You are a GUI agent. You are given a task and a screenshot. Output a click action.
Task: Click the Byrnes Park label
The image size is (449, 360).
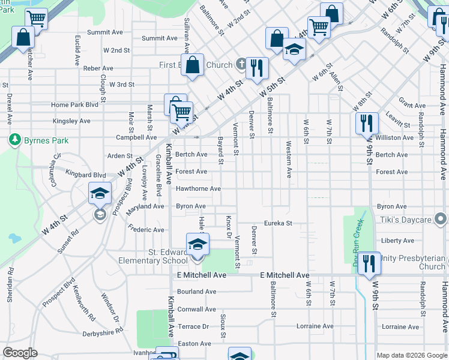pos(46,140)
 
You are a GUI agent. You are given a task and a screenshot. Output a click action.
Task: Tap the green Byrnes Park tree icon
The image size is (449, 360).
pos(14,140)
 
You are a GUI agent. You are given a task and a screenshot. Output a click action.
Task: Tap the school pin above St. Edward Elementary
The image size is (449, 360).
pos(196,245)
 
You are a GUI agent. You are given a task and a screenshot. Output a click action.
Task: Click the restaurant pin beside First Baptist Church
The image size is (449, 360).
pos(257,68)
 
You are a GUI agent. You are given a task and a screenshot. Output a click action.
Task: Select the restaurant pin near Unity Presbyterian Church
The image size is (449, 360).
pos(369,263)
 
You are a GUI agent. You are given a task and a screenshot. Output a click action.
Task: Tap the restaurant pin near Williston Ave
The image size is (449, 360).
pos(366,124)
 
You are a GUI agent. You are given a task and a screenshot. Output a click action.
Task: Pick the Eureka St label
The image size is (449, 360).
pos(278,223)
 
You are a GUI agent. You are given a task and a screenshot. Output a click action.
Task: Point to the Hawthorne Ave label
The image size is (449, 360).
pos(198,189)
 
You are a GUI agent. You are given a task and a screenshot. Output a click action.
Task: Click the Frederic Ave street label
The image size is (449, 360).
pos(146,230)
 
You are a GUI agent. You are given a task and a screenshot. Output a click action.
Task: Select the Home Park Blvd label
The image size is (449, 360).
pos(74,104)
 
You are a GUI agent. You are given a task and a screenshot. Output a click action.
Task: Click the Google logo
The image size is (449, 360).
pos(20,353)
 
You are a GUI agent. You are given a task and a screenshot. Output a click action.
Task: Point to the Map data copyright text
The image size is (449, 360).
pos(411,355)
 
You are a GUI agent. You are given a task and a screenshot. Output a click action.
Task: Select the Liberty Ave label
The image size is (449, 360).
pos(397,241)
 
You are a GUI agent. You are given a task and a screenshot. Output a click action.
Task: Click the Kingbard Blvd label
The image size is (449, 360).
pos(86,175)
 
